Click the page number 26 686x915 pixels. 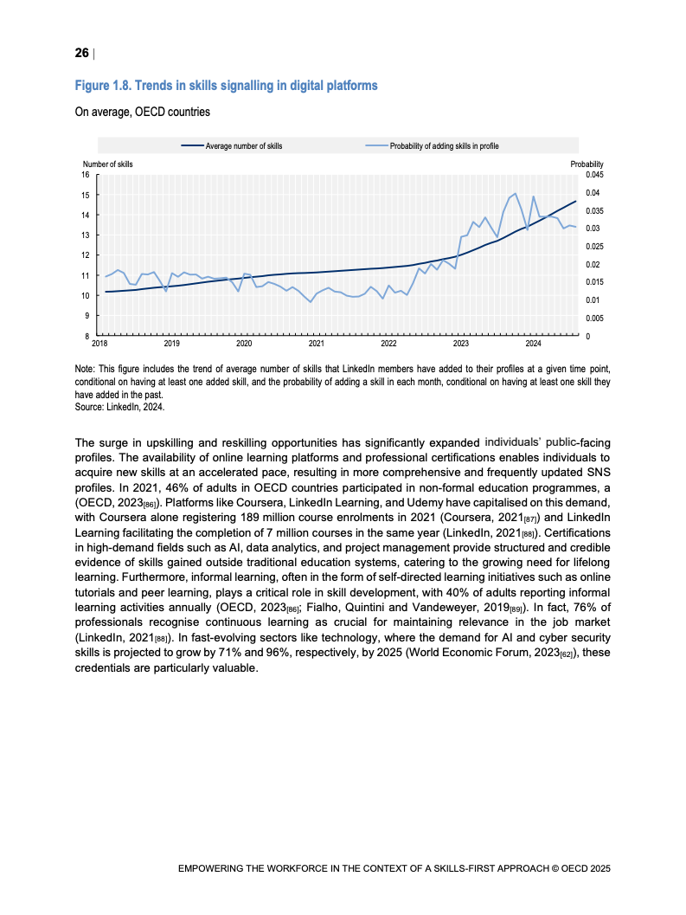pyautogui.click(x=81, y=54)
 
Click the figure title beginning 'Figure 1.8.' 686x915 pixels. pyautogui.click(x=226, y=86)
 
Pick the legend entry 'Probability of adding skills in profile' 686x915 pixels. pyautogui.click(x=444, y=146)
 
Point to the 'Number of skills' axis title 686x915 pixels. pyautogui.click(x=108, y=164)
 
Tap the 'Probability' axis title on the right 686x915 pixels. pyautogui.click(x=587, y=164)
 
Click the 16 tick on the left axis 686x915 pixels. pyautogui.click(x=86, y=174)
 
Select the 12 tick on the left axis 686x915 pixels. pyautogui.click(x=86, y=255)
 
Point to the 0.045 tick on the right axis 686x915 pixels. pyautogui.click(x=593, y=174)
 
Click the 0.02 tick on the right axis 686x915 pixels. pyautogui.click(x=592, y=264)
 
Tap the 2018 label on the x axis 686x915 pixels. pyautogui.click(x=99, y=344)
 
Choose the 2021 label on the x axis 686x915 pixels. pyautogui.click(x=316, y=344)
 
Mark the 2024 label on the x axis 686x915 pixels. pyautogui.click(x=533, y=344)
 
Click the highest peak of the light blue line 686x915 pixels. pyautogui.click(x=516, y=194)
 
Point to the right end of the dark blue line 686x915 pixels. pyautogui.click(x=576, y=201)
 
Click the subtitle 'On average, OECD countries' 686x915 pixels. pyautogui.click(x=142, y=112)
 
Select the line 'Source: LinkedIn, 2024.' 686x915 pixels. pyautogui.click(x=119, y=405)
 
